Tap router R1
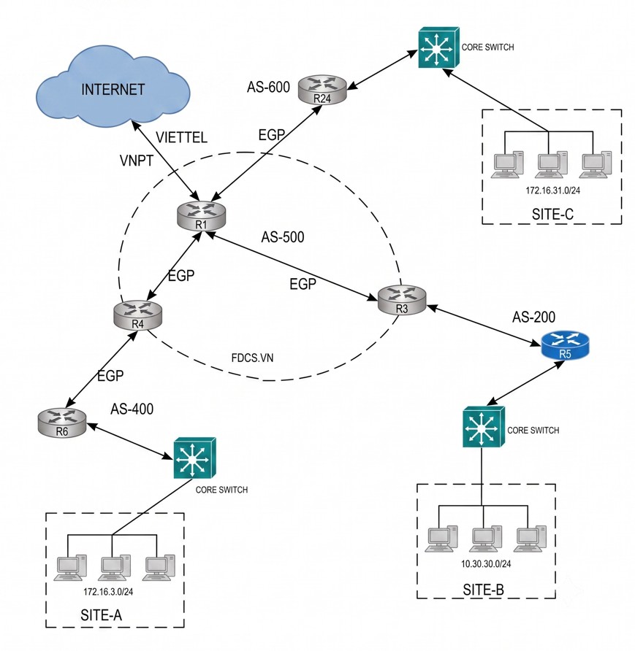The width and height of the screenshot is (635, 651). pos(201,215)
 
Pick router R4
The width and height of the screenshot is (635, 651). pos(137,315)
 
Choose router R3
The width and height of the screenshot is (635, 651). pos(402,299)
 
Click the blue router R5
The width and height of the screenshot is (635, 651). pos(565,345)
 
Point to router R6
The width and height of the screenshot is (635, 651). pos(62,423)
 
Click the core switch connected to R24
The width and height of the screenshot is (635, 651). pos(438,47)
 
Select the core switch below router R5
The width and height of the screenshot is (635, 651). pos(484,427)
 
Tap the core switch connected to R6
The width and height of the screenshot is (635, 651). pos(194,458)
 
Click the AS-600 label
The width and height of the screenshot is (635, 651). pos(268,87)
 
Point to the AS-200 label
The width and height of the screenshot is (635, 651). pos(533,317)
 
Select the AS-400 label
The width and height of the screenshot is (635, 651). pos(132,409)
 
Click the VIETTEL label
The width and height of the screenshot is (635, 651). pos(182,137)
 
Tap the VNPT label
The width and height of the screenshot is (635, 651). pos(137,161)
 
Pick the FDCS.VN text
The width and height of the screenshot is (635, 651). pos(252,358)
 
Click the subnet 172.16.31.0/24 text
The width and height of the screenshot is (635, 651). pos(552,190)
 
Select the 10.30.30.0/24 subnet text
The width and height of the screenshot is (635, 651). pos(486,564)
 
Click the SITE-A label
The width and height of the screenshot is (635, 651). pos(102,615)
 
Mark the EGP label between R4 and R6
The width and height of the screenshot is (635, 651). pos(110,376)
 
